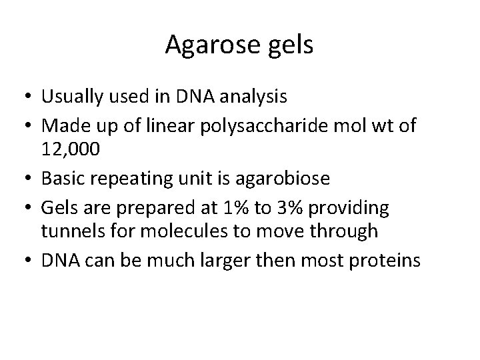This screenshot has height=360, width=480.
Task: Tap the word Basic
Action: coord(61,179)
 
